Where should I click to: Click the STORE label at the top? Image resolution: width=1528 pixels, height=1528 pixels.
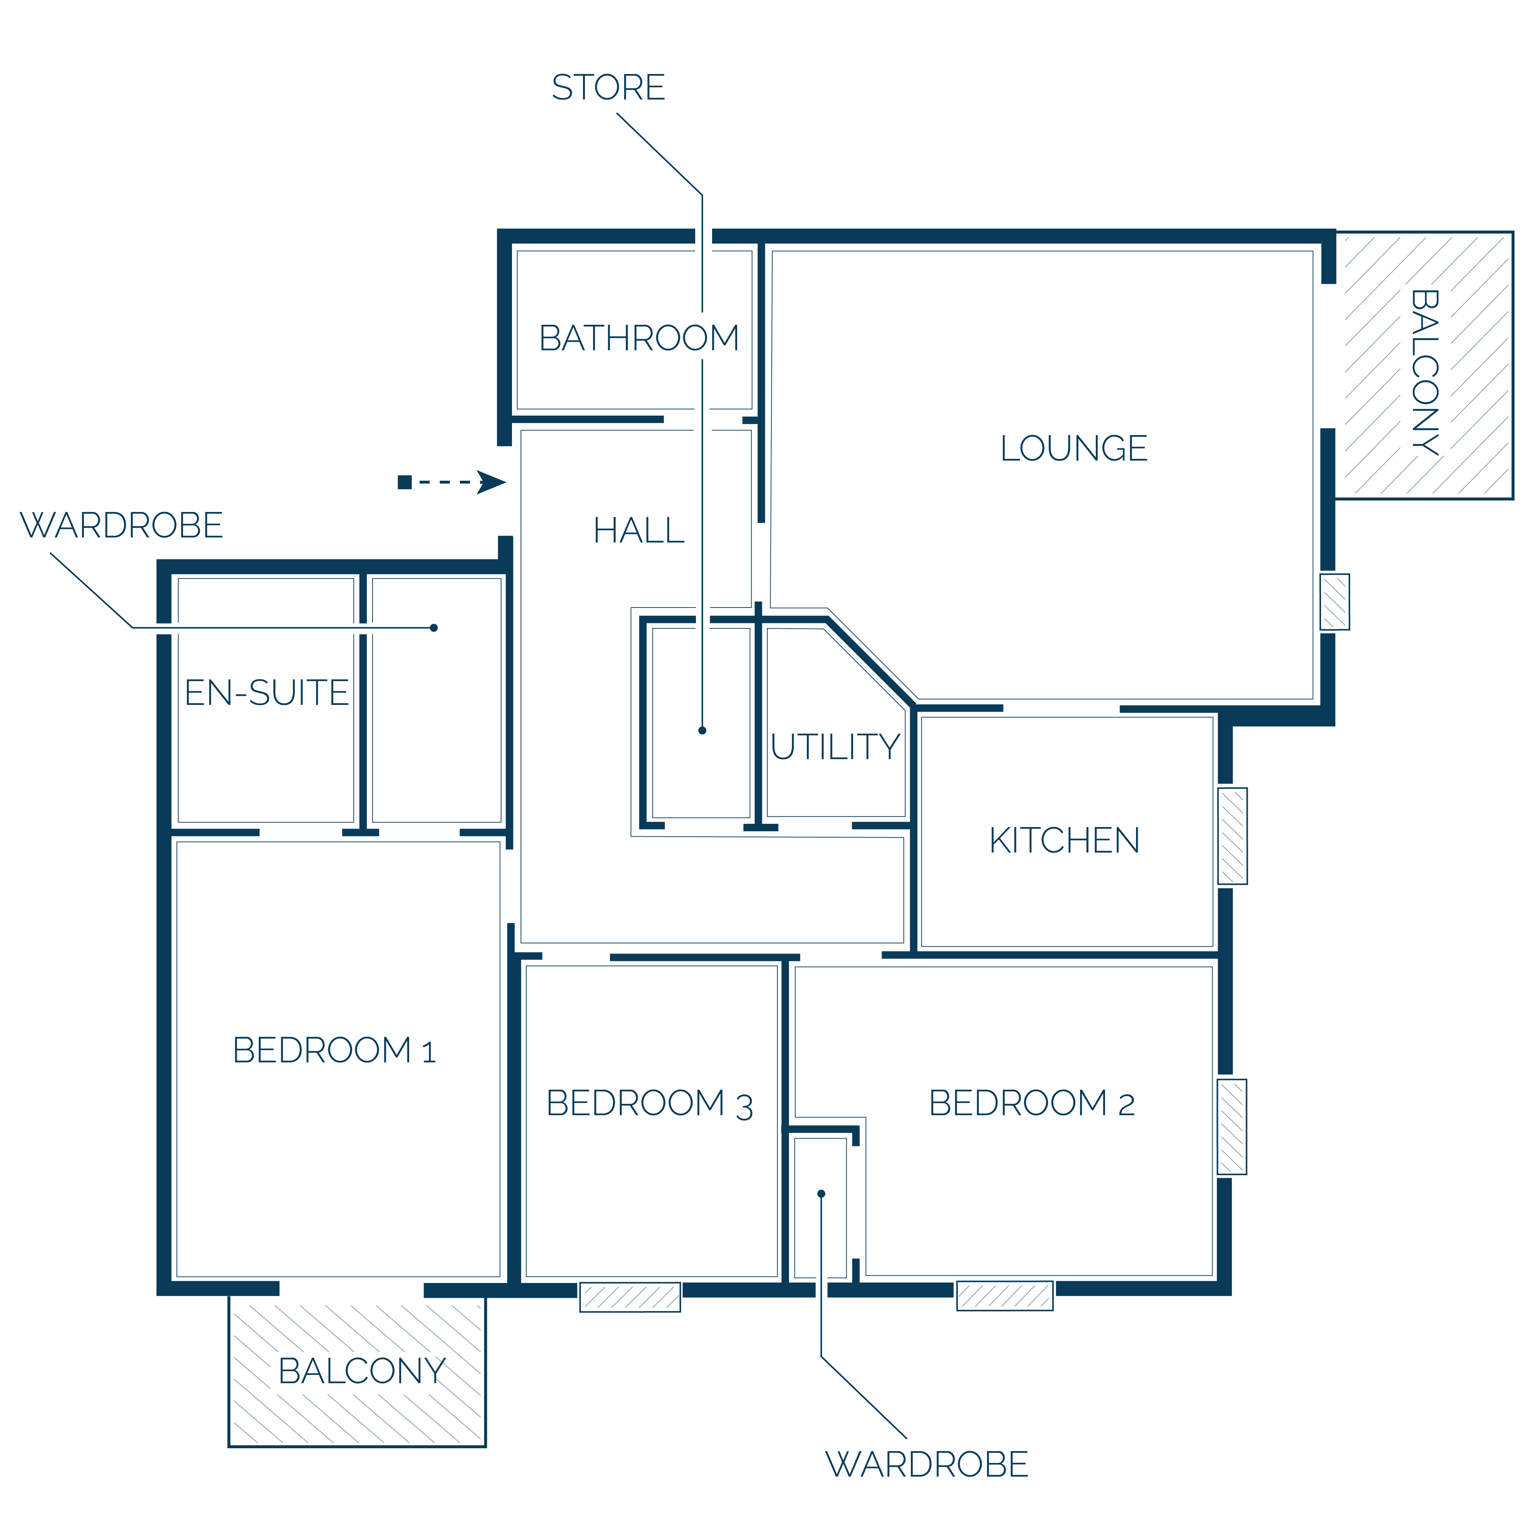[x=608, y=87]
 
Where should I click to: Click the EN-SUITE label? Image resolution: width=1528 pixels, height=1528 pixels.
[x=267, y=693]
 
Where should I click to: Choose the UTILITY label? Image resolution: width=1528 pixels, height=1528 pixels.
[x=835, y=747]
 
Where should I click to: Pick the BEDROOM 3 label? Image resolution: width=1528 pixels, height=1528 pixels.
[x=649, y=1103]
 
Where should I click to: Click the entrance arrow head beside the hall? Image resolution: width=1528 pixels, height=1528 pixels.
[x=491, y=483]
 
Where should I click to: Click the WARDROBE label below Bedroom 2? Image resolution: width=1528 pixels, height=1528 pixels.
[x=927, y=1464]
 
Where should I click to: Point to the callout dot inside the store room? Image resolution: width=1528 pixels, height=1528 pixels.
[x=702, y=730]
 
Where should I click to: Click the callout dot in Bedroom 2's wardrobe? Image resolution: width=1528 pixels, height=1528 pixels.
[x=821, y=1194]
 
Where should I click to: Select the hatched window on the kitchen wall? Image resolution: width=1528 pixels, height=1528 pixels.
[x=1232, y=836]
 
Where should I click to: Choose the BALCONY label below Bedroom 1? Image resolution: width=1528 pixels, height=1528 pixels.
[x=362, y=1371]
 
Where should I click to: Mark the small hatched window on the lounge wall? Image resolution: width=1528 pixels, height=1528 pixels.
[x=1335, y=602]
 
